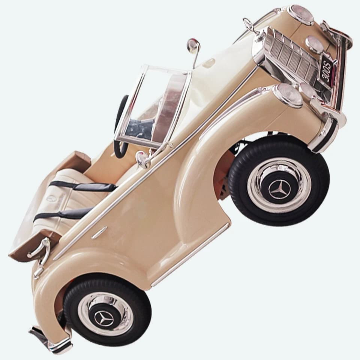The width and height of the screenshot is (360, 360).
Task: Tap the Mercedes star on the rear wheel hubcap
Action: pyautogui.click(x=104, y=318)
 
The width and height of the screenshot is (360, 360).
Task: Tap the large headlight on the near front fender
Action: pyautogui.click(x=288, y=94)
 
